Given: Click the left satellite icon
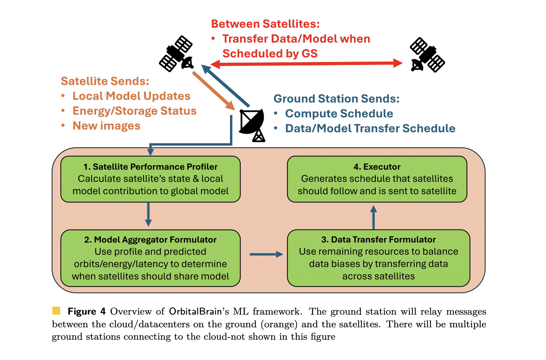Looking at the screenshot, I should [176, 54].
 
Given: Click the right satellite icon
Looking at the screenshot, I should [427, 55].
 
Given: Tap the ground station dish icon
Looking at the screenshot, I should [252, 125].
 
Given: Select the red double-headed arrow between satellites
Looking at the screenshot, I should [306, 63].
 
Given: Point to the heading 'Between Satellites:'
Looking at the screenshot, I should [265, 24].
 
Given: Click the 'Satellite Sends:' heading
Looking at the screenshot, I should [105, 81].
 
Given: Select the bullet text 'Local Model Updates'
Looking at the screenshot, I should [131, 96].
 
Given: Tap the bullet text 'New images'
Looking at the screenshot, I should [106, 126].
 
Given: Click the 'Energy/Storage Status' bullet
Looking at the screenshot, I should [134, 111].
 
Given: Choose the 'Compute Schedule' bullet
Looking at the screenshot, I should [339, 113].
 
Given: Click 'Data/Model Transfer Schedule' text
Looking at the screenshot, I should [370, 128].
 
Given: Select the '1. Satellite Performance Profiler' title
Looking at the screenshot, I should [150, 167].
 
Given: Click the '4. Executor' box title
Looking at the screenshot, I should [377, 167].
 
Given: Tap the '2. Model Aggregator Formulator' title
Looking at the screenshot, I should [150, 240].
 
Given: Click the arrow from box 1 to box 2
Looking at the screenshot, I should [148, 214].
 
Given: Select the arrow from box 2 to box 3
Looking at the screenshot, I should [266, 254].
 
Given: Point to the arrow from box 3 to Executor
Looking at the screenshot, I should [374, 217].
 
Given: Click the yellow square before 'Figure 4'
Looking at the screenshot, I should [56, 311].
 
